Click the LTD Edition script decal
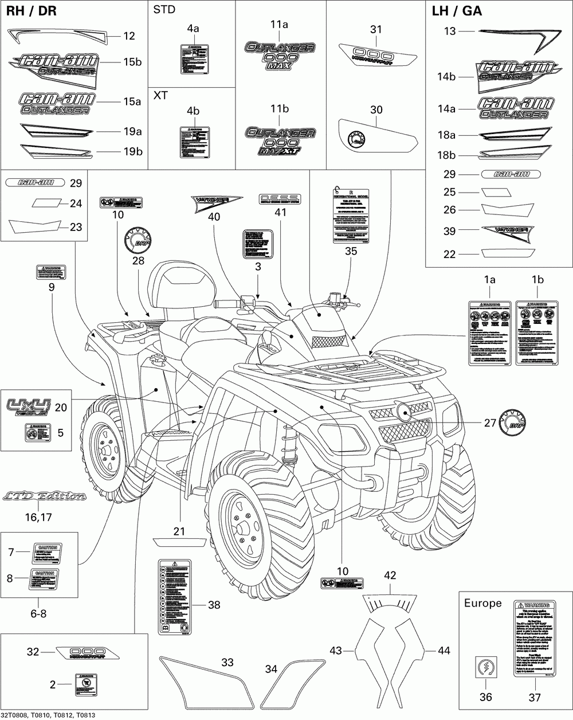point(44,496)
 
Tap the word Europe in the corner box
point(482,603)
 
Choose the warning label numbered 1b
point(537,332)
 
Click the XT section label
point(161,95)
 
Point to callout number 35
point(351,251)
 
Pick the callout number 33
point(227,663)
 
